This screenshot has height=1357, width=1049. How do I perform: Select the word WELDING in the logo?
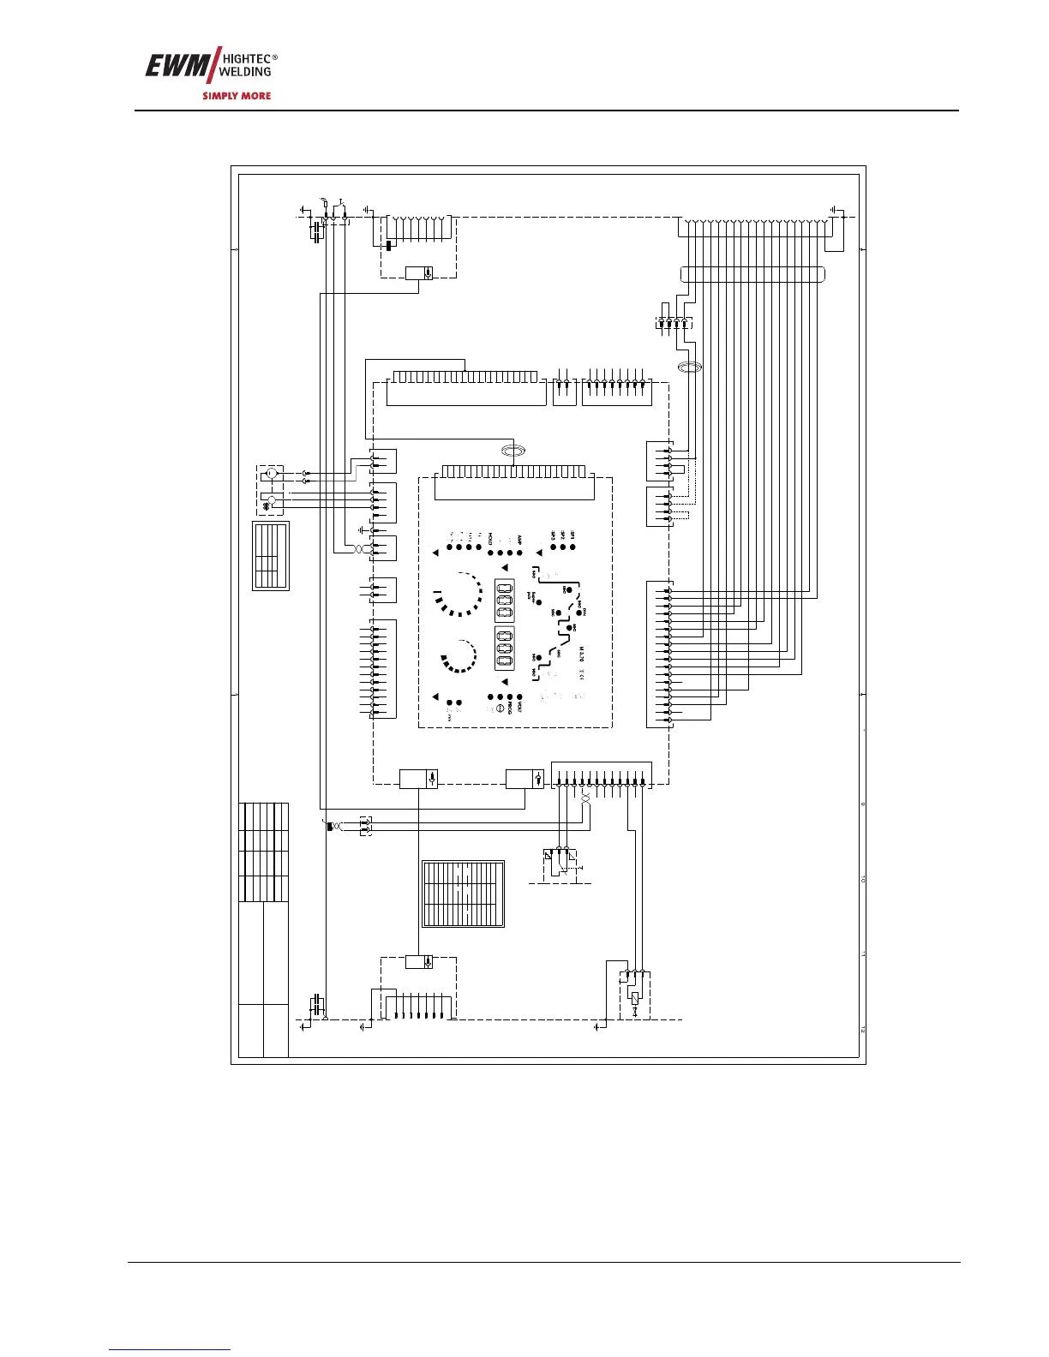[247, 72]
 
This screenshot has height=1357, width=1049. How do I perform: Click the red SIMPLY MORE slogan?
[237, 96]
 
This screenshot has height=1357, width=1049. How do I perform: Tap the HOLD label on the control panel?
[491, 540]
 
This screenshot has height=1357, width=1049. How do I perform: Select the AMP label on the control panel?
[520, 541]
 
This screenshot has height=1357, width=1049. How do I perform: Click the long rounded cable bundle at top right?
[752, 275]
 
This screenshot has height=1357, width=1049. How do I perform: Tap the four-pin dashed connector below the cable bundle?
[674, 323]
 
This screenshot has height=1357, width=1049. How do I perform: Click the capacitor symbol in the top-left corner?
[317, 231]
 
